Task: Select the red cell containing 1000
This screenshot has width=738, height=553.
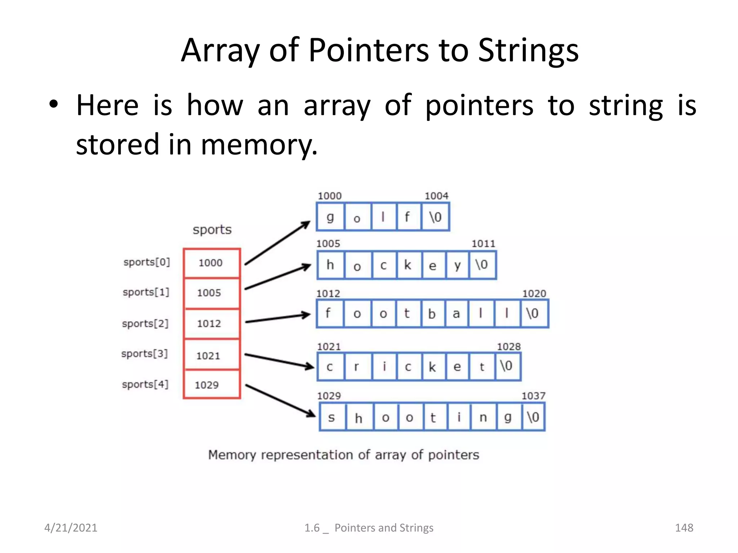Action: click(212, 263)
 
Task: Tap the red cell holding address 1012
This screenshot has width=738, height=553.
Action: click(212, 323)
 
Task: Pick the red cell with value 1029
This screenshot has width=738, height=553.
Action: click(212, 385)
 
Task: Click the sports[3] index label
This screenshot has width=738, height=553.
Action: click(145, 354)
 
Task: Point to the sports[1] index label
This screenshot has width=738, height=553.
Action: click(146, 292)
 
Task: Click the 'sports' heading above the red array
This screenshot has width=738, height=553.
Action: click(212, 230)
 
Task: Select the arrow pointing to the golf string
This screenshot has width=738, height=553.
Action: click(277, 243)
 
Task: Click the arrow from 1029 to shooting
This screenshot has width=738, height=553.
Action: click(280, 401)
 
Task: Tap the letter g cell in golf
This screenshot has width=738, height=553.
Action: click(330, 217)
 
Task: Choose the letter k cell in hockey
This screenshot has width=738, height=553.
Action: click(408, 265)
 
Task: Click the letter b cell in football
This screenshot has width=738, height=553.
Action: click(432, 314)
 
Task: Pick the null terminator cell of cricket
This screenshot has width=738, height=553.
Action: click(507, 367)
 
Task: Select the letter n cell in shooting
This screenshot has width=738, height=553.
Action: click(483, 417)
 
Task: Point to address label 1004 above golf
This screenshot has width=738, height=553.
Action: click(436, 196)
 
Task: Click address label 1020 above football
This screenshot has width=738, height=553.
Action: click(534, 293)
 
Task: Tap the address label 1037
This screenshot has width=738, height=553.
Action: click(533, 396)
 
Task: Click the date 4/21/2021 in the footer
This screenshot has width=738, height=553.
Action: click(71, 528)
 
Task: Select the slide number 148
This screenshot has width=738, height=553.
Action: click(684, 528)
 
